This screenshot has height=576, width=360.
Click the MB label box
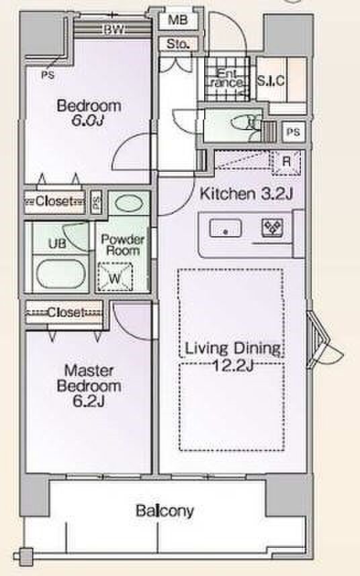[178, 20]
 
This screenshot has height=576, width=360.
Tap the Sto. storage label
[178, 44]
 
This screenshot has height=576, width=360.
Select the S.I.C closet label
[271, 81]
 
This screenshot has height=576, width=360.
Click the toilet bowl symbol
[245, 122]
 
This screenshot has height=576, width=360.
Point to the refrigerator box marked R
[286, 162]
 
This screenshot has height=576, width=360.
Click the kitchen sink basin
[226, 229]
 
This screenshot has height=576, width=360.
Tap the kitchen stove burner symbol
[272, 228]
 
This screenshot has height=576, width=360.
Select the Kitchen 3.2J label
[246, 193]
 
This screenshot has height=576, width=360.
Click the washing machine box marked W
[115, 277]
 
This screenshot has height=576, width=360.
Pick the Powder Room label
[122, 245]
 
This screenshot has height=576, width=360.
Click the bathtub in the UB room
[61, 274]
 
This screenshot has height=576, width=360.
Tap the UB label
[58, 243]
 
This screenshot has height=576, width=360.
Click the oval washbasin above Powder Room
[128, 203]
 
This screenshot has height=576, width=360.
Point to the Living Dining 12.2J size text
[234, 365]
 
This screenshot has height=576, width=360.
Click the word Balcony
[165, 511]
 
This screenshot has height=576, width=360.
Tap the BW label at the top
[114, 30]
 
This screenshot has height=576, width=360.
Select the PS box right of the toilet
[293, 132]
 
